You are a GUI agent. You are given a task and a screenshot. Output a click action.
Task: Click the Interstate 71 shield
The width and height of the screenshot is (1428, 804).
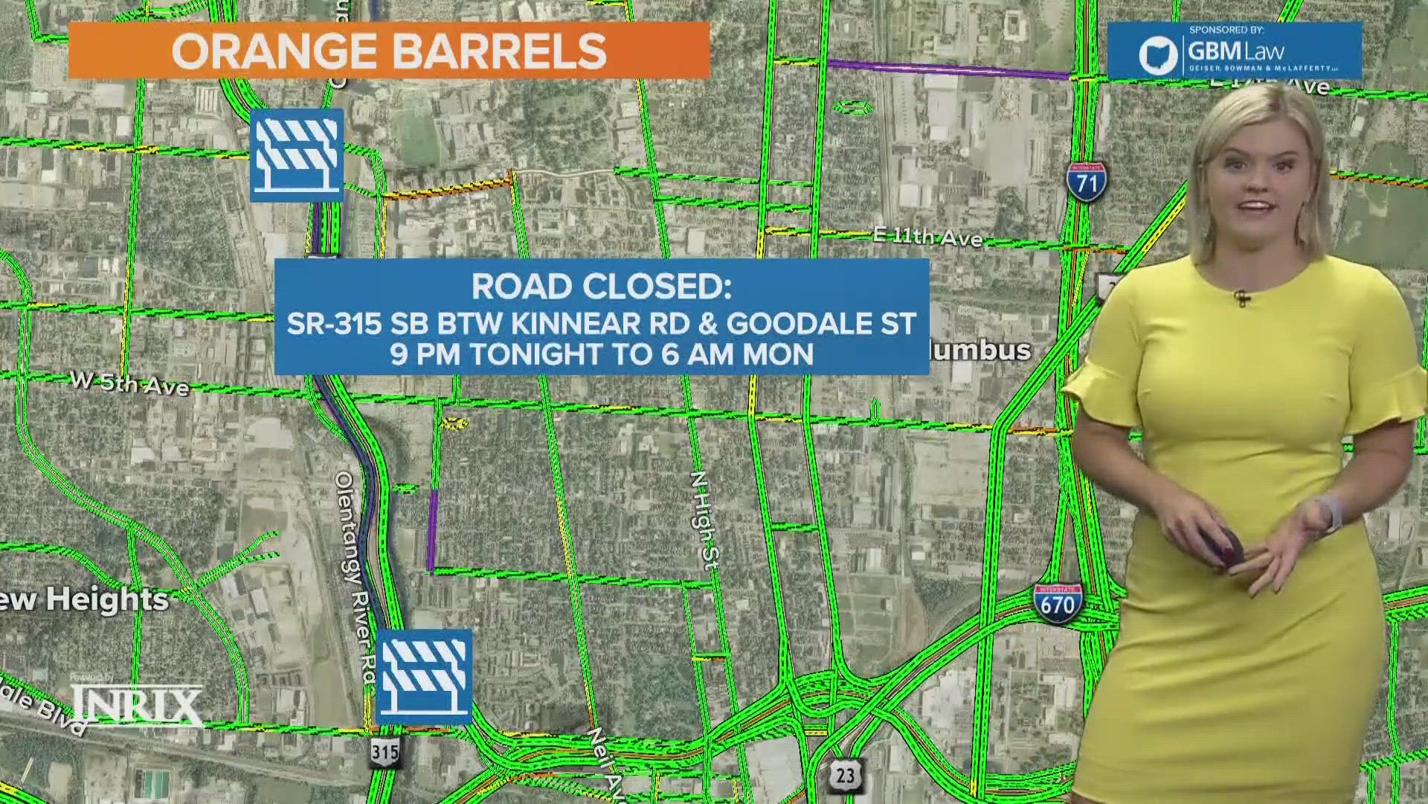[1087, 181]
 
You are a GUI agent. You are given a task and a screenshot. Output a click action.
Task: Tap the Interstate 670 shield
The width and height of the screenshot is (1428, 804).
[1057, 603]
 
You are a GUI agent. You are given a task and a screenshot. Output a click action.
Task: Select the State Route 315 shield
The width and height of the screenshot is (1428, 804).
[385, 752]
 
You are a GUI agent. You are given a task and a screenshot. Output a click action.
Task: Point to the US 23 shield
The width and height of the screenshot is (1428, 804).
[845, 775]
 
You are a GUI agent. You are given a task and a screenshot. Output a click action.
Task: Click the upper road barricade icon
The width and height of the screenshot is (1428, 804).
[297, 155]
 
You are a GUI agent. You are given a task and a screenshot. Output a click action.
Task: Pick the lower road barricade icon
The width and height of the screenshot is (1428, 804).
[424, 676]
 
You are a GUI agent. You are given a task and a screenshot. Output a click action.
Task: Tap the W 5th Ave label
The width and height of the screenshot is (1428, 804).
[129, 383]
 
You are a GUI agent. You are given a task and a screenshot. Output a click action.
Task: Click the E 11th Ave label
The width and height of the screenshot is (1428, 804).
[927, 237]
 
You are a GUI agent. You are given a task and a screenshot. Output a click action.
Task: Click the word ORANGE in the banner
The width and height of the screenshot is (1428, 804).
[274, 51]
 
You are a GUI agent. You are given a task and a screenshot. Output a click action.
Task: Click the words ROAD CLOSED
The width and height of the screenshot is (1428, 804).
[601, 287]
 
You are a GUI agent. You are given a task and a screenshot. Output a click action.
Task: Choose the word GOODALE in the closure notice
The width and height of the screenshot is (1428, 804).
[800, 324]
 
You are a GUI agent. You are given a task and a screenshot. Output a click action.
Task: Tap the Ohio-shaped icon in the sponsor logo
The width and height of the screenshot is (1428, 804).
[1158, 54]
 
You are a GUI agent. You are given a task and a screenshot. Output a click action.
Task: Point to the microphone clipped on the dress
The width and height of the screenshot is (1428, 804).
[1241, 298]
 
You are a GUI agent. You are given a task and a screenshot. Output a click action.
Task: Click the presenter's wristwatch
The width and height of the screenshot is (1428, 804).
[1328, 514]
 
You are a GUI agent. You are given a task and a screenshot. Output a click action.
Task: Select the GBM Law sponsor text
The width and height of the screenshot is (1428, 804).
[1236, 51]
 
